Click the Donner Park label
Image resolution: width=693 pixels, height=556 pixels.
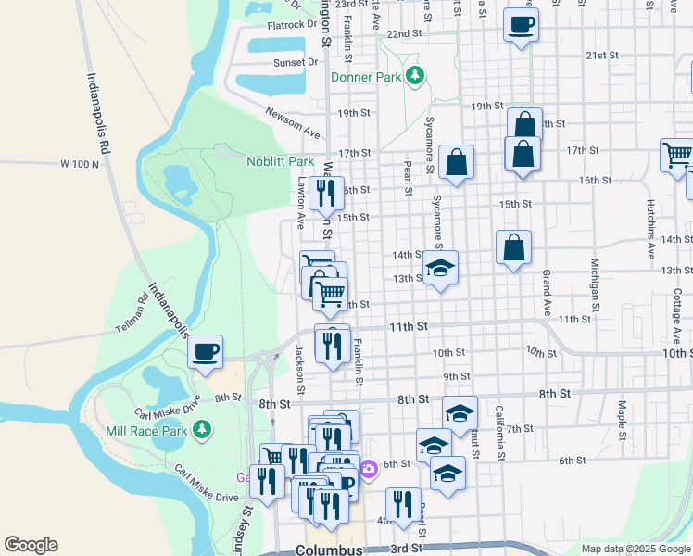tap(366, 77)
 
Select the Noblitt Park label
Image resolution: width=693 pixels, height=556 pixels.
tap(281, 161)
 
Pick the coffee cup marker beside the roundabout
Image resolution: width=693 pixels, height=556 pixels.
tap(206, 351)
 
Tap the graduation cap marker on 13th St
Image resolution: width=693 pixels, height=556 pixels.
tap(440, 269)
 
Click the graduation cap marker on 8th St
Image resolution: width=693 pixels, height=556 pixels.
tap(459, 414)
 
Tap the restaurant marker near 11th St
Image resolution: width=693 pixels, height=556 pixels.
tap(332, 344)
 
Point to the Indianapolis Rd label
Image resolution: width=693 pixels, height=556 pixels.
tap(100, 113)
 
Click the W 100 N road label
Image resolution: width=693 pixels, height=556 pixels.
tap(79, 164)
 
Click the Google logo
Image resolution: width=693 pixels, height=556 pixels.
tap(31, 545)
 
